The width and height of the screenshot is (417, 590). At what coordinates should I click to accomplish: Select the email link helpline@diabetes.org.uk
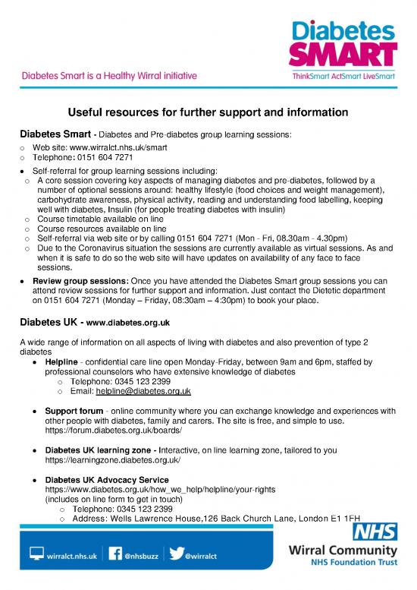[143, 391]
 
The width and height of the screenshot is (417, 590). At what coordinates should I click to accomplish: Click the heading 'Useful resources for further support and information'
[208, 112]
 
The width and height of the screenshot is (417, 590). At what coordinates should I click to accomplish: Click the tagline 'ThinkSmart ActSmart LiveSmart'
[345, 76]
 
